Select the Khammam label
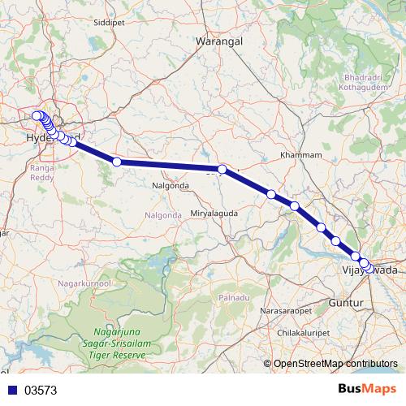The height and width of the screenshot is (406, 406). pyautogui.click(x=300, y=154)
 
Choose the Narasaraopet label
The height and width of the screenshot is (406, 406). pyautogui.click(x=286, y=311)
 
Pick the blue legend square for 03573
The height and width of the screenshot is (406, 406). pyautogui.click(x=11, y=391)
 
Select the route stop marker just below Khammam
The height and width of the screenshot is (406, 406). pyautogui.click(x=295, y=206)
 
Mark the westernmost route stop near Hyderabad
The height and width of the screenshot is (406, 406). pyautogui.click(x=36, y=116)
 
